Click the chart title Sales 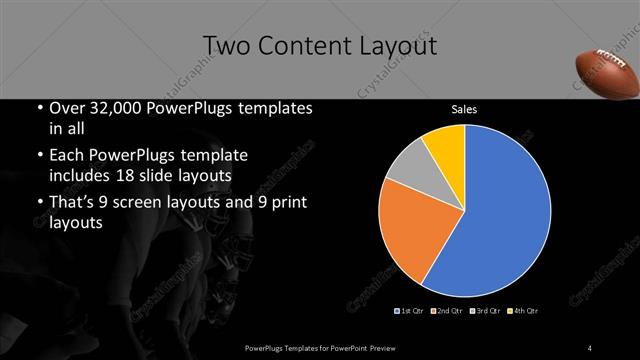(x=465, y=110)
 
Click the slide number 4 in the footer (x=591, y=347)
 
